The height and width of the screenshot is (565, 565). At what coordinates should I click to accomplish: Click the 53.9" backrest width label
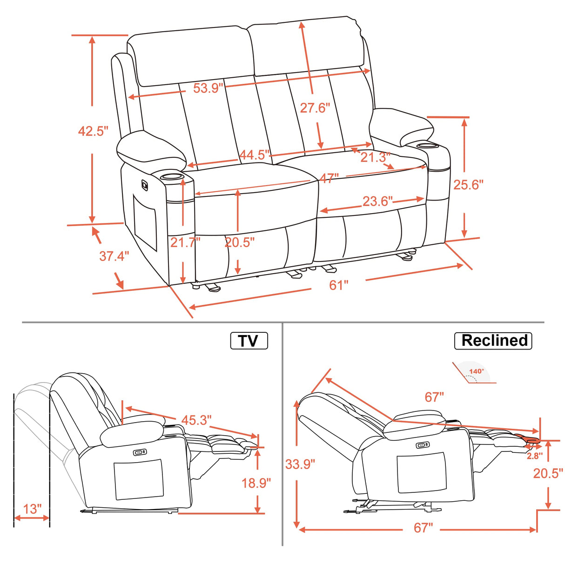(208, 87)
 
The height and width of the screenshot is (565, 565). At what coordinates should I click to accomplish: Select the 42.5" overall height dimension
(93, 131)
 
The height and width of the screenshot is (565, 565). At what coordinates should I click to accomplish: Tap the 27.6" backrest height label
(315, 108)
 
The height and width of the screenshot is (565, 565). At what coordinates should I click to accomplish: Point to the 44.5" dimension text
(255, 155)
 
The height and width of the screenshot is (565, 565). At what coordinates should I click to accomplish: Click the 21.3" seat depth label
(375, 157)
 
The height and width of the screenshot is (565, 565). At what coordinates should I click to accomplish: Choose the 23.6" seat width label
(377, 201)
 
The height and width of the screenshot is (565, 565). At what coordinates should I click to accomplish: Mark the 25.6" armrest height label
(468, 184)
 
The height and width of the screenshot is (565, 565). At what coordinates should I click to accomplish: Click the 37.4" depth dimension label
(114, 256)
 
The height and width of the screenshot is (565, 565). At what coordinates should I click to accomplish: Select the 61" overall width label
(338, 285)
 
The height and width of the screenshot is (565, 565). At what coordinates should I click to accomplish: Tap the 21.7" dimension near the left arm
(185, 242)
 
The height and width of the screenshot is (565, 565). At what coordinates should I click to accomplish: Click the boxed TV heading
(249, 341)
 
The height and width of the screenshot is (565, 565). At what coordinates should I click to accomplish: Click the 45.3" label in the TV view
(196, 420)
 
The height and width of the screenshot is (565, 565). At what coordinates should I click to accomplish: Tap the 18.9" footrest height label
(256, 483)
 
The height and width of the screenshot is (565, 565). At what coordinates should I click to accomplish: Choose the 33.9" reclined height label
(300, 464)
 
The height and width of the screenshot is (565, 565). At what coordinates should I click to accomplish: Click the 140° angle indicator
(476, 371)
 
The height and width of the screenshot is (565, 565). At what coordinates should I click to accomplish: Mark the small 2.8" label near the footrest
(534, 456)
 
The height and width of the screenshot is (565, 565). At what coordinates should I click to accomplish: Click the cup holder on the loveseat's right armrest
(424, 146)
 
